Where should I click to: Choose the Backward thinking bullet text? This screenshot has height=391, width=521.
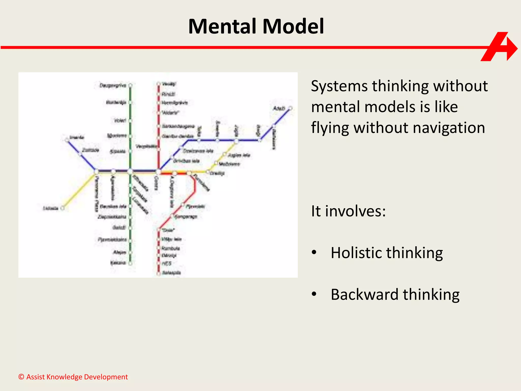click(395, 295)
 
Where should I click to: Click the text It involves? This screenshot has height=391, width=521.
click(348, 211)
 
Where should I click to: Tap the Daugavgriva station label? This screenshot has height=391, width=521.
click(113, 85)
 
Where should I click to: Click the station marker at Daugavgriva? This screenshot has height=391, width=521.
click(130, 85)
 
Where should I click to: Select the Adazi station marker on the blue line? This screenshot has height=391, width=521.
click(291, 108)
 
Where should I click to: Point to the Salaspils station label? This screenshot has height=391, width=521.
click(171, 273)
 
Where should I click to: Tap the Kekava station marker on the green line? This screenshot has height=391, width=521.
click(130, 263)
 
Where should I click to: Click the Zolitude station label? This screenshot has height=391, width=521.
click(90, 150)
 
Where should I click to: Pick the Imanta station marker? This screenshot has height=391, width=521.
click(67, 139)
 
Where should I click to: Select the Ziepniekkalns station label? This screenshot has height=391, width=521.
click(112, 217)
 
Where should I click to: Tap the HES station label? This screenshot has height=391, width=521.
click(167, 263)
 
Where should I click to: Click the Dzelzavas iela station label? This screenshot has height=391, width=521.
click(198, 151)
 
